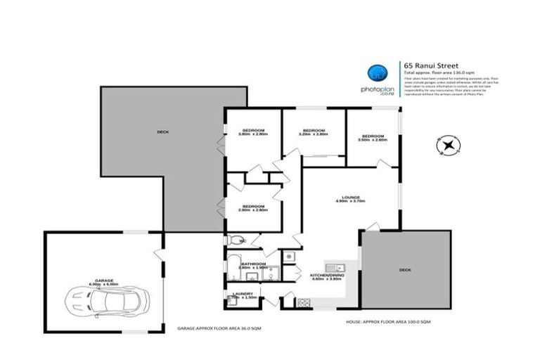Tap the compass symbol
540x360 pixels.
pos(451,145)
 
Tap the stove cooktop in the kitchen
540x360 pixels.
pos(304,302)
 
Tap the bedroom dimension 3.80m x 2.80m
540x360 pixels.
pos(253,135)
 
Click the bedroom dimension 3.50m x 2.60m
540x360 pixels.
pos(372,140)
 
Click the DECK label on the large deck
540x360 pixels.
pos(162,131)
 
